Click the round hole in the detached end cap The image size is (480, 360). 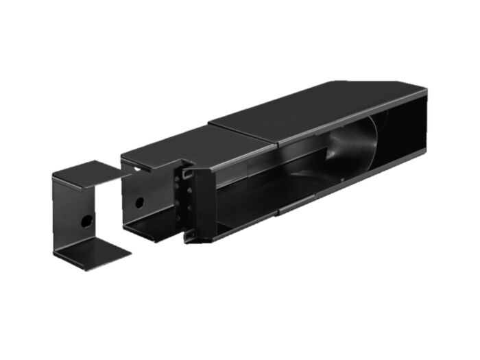pos(86,221)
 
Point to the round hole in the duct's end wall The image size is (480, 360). pos(139,203)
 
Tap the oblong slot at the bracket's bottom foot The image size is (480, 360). pos(190,236)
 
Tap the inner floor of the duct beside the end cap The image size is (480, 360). pos(147,226)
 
